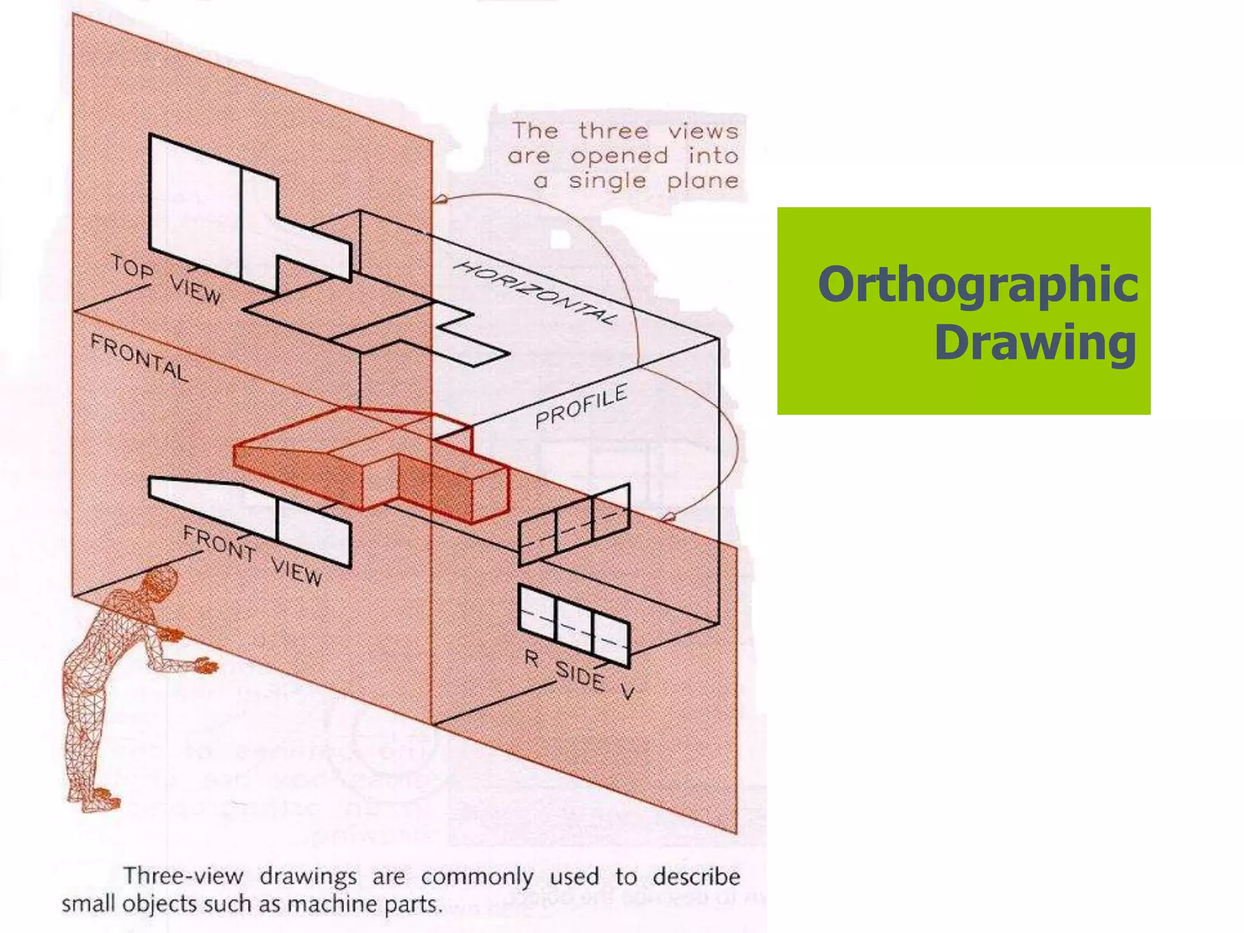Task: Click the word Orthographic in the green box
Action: point(977,285)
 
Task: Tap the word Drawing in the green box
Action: point(1035,343)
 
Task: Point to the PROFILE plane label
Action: point(581,406)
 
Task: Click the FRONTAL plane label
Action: point(139,358)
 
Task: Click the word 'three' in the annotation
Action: point(613,131)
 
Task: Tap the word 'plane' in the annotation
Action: point(702,180)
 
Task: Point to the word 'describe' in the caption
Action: point(696,877)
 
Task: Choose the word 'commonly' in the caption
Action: point(477,877)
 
